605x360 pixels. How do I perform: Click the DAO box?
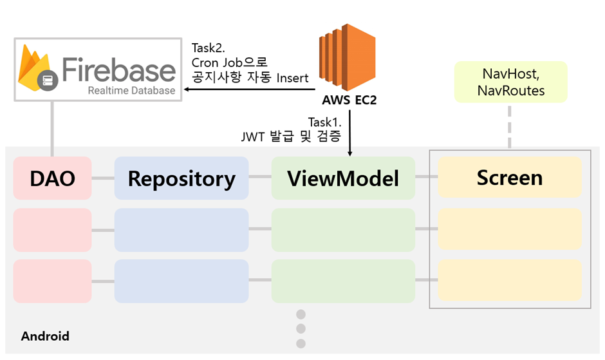(x=53, y=178)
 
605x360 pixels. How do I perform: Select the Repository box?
(x=181, y=178)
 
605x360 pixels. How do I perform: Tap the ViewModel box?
(x=343, y=178)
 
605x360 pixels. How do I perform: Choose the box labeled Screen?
(x=509, y=177)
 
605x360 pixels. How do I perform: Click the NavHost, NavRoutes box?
(x=511, y=82)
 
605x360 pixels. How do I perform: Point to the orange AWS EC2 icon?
(x=348, y=57)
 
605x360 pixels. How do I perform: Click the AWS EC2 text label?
(x=349, y=100)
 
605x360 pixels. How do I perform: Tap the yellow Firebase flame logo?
(x=35, y=68)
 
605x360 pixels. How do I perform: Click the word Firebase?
(x=119, y=70)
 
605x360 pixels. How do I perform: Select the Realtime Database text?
(x=131, y=90)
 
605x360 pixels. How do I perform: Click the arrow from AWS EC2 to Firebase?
(x=250, y=90)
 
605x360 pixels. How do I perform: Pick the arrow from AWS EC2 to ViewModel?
(x=350, y=133)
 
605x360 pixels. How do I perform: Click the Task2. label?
(x=209, y=48)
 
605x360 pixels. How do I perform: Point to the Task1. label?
(x=325, y=122)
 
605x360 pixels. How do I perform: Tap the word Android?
(x=45, y=336)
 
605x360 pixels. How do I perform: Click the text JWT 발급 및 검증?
(x=292, y=137)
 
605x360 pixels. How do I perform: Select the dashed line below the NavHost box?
(x=510, y=127)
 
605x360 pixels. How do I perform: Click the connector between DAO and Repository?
(x=103, y=178)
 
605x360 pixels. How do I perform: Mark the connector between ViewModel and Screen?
(x=426, y=177)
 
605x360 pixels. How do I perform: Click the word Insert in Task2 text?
(x=292, y=78)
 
